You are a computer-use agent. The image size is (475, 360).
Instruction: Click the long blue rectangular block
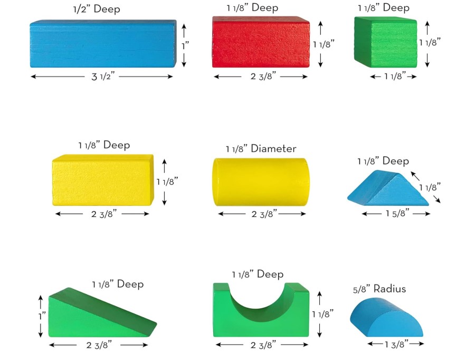coord(102,44)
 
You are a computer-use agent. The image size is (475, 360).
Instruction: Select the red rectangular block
coord(260,42)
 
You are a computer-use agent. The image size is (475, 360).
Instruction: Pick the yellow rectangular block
coord(102,180)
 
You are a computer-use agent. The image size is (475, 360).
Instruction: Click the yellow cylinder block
coord(260,182)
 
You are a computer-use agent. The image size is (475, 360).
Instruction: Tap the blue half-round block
coord(385,317)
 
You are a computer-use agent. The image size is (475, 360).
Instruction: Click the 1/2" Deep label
coord(97,10)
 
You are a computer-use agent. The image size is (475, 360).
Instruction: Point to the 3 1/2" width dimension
coord(103,77)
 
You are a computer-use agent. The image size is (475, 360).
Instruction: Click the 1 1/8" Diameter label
coord(261,149)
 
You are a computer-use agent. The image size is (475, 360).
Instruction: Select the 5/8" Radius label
coord(379,289)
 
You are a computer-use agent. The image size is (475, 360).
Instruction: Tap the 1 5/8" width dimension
coord(395,214)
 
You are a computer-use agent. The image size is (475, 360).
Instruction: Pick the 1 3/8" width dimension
coord(396,344)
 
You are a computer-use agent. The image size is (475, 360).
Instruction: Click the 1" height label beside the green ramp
coord(42,316)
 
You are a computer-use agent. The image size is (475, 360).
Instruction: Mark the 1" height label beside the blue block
coord(186,45)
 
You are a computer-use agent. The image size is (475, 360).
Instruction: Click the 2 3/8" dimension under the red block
coord(261,77)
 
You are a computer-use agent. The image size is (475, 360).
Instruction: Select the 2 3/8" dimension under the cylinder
coord(261,214)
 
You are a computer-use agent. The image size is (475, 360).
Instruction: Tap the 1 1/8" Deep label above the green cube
coord(383,8)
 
